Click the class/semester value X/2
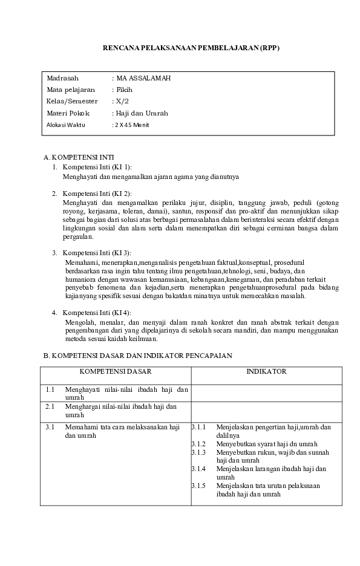tap(123, 102)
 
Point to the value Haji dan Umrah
tap(142, 113)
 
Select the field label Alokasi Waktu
tap(66, 125)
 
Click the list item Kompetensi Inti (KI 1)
tap(97, 166)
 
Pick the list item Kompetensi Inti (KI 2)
tap(97, 194)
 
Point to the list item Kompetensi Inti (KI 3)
tap(97, 253)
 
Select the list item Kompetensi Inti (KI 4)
tap(97, 312)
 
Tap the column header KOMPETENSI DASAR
tap(116, 371)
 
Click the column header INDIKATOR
tap(266, 371)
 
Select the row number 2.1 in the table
tap(50, 406)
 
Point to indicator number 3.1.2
tap(199, 444)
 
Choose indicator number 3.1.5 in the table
tap(199, 486)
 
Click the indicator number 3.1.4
tap(199, 469)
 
